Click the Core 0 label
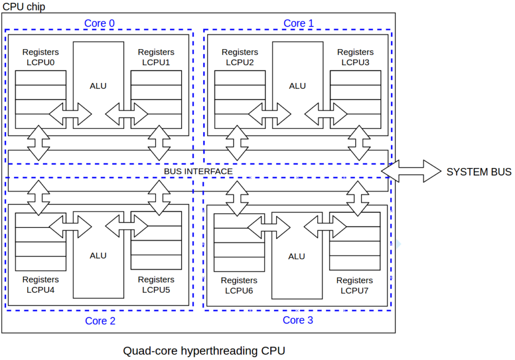99,23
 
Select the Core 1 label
298,23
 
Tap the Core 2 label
100,321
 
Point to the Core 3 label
298,320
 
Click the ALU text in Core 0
98,86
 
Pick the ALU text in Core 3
296,256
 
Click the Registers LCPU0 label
41,57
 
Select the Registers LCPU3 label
355,57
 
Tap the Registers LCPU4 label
41,285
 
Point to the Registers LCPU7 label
355,285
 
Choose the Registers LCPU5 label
156,285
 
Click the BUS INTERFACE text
198,171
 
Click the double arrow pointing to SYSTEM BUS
411,171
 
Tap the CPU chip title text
23,6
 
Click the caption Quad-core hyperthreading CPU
204,351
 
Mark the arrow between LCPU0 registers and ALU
70,113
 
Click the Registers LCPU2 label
240,57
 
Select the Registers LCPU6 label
239,285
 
